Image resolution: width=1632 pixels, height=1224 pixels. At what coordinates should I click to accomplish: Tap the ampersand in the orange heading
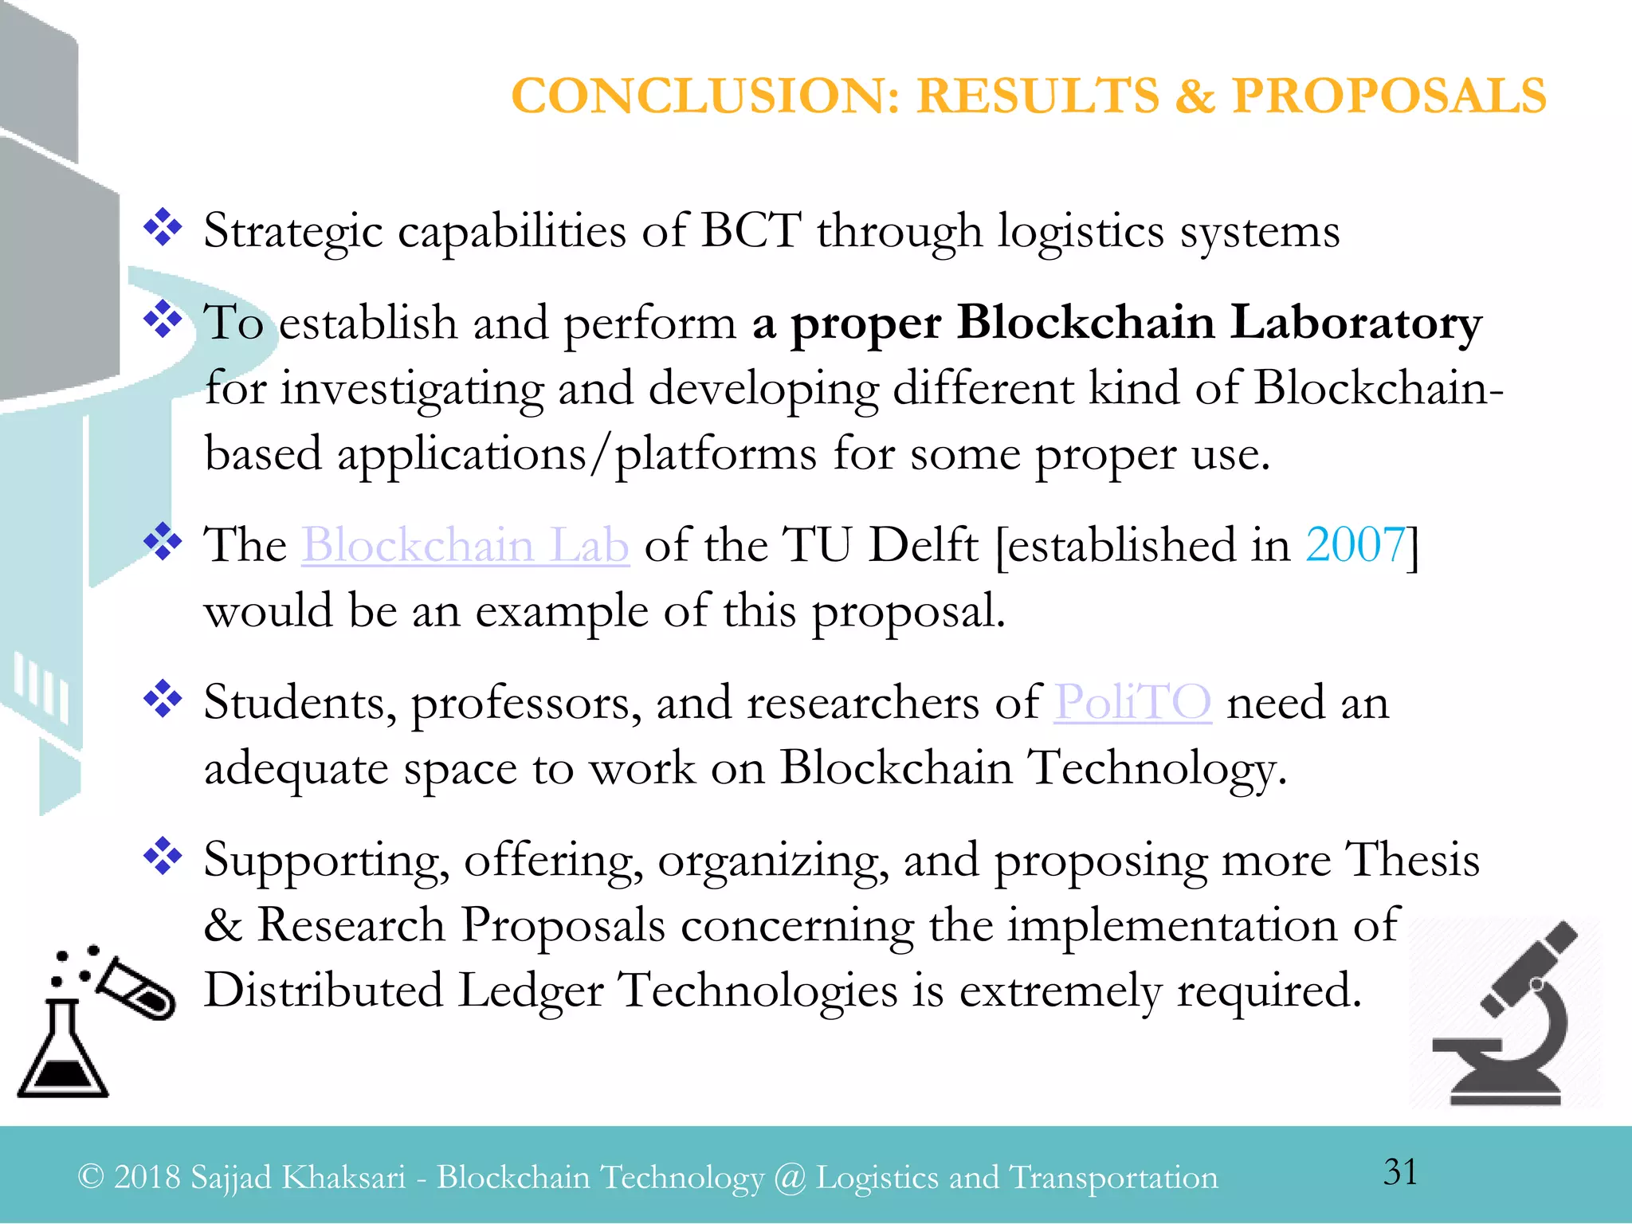click(x=1195, y=96)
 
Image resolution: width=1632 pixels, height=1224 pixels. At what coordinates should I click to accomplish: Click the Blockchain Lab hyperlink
click(x=465, y=546)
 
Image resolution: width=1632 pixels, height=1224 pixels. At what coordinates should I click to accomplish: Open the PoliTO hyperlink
click(x=1132, y=703)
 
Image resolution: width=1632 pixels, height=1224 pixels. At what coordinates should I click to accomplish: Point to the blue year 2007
click(x=1355, y=546)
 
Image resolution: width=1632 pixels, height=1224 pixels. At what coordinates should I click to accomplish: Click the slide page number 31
click(x=1400, y=1171)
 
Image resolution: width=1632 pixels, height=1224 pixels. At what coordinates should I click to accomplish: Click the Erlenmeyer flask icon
click(x=62, y=1052)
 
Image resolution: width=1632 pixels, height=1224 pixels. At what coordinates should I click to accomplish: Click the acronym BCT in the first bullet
click(x=750, y=231)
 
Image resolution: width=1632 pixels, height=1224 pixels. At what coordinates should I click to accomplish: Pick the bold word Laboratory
click(x=1355, y=324)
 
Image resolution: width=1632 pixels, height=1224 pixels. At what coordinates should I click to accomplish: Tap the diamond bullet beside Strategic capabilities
click(x=163, y=227)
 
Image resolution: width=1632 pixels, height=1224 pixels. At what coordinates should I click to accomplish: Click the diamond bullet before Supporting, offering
click(x=163, y=856)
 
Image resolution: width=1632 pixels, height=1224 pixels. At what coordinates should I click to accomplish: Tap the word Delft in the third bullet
click(x=923, y=546)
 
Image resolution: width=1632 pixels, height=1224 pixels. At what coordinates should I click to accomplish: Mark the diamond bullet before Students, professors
click(x=163, y=699)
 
